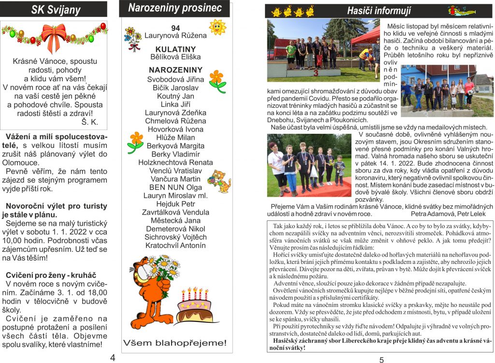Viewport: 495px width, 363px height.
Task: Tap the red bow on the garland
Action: click(x=53, y=36)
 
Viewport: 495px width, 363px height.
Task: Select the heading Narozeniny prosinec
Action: click(x=175, y=8)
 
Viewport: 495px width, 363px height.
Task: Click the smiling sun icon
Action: click(x=217, y=27)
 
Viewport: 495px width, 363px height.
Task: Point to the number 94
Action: click(x=175, y=28)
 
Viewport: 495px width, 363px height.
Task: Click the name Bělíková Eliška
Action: click(x=175, y=57)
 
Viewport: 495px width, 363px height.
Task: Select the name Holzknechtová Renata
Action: click(x=175, y=162)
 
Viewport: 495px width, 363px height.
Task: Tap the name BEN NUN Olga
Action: click(x=175, y=187)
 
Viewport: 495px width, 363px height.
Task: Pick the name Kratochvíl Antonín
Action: click(x=175, y=245)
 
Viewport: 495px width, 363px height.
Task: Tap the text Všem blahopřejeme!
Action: click(x=175, y=343)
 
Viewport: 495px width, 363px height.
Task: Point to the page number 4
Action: click(x=113, y=358)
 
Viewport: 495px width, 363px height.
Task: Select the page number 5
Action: click(x=381, y=360)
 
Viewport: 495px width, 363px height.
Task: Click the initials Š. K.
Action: click(x=89, y=122)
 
